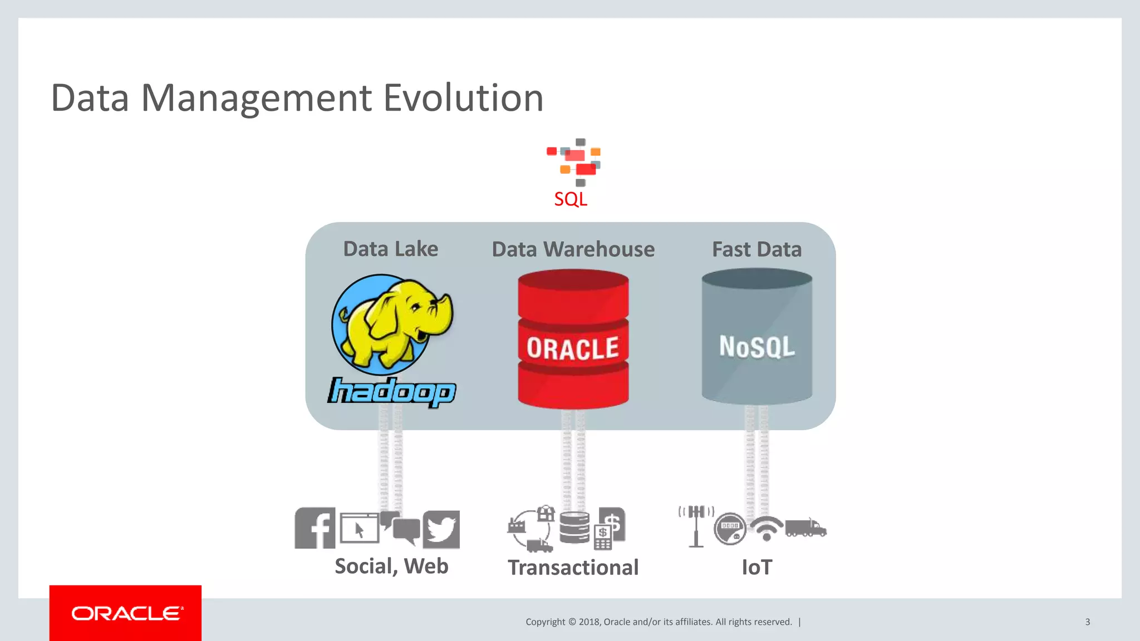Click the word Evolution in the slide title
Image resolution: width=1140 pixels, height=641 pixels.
(x=463, y=98)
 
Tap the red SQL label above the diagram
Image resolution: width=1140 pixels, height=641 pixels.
(x=571, y=199)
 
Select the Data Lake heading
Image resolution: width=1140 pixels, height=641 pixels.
(x=390, y=249)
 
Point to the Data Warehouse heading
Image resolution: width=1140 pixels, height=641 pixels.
(x=573, y=249)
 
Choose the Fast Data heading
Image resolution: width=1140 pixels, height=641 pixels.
(x=756, y=249)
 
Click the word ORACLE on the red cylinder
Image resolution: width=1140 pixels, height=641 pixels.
(x=573, y=348)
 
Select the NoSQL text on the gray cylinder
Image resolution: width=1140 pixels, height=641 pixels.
(x=756, y=346)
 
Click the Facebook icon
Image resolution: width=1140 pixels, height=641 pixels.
(x=315, y=528)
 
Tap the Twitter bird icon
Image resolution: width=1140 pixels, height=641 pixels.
(x=441, y=529)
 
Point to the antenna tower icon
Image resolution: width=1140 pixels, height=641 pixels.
(x=696, y=526)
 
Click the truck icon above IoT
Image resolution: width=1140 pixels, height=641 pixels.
(x=805, y=527)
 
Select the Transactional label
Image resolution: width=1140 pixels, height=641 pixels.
(x=573, y=568)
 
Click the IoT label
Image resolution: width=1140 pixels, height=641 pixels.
(x=756, y=568)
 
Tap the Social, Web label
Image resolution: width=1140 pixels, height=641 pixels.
(x=391, y=566)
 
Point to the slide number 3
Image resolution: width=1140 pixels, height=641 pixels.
(x=1087, y=622)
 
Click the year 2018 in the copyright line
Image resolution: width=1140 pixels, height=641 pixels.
(x=589, y=622)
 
